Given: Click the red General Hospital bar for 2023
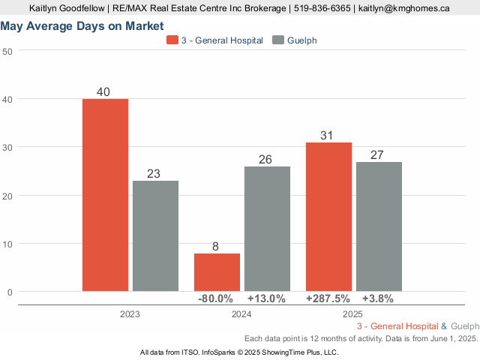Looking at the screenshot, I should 105,195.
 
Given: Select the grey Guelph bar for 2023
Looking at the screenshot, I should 155,235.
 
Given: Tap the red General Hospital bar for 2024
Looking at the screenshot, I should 217,272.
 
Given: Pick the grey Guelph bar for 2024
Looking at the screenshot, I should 267,229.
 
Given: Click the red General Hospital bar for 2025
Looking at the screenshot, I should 328,217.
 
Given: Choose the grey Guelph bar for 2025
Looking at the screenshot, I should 379,226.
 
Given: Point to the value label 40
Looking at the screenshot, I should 104,92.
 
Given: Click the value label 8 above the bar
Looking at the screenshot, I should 217,246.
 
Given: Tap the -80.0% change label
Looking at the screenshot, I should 215,298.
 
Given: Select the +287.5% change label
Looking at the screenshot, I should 328,298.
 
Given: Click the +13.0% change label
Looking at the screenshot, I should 266,298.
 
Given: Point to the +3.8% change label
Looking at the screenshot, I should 377,298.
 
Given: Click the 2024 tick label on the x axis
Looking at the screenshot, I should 241,314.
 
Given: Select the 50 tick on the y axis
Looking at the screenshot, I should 7,51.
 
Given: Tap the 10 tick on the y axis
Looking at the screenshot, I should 7,244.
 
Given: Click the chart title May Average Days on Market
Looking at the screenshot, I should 82,26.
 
